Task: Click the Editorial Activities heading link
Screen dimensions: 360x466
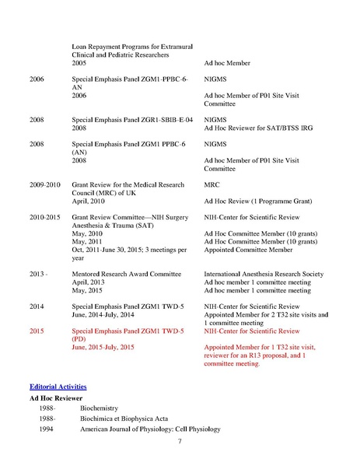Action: (58, 387)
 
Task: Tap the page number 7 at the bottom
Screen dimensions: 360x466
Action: (180, 442)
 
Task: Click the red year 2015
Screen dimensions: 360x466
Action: (37, 331)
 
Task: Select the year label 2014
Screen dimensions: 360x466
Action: (37, 306)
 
